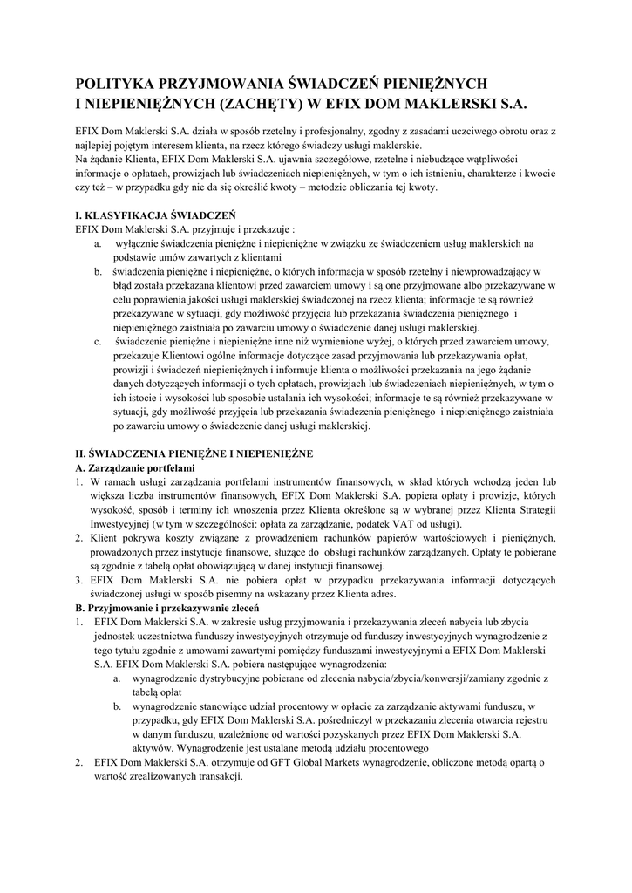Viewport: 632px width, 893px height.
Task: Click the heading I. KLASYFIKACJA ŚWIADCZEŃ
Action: [x=149, y=215]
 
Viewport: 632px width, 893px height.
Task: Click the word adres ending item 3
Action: [x=381, y=595]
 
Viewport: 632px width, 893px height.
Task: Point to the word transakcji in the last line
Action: [x=215, y=776]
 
